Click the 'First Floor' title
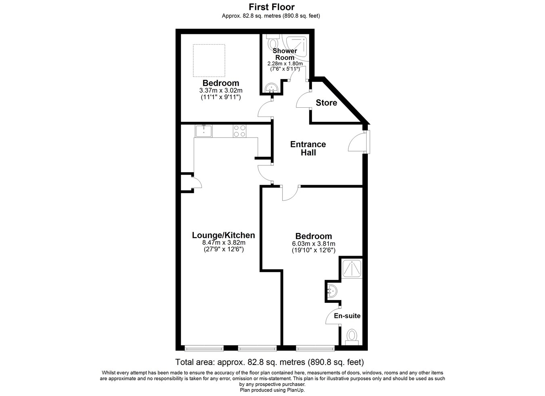point(272,7)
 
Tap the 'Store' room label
point(326,102)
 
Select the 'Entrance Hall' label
point(308,148)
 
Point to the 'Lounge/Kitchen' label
point(224,235)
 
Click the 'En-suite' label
point(347,316)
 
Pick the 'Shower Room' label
point(285,54)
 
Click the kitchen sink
point(203,131)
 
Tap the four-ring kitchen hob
point(239,131)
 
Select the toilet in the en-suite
point(352,337)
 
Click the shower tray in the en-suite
point(352,269)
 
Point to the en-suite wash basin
point(333,291)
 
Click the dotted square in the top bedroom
point(209,60)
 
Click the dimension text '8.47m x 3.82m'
point(224,242)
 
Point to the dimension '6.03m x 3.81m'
point(314,244)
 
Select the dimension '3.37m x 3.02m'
point(221,90)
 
